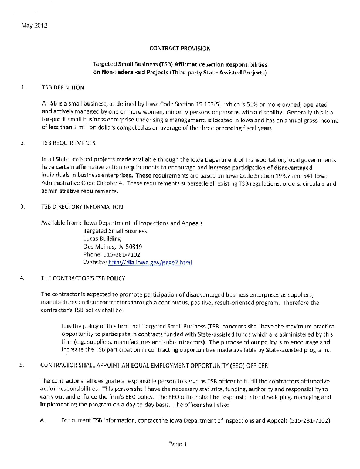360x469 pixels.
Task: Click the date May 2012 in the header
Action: pyautogui.click(x=33, y=26)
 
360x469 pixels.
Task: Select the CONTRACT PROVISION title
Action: pyautogui.click(x=180, y=48)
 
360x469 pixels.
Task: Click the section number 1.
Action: pyautogui.click(x=23, y=87)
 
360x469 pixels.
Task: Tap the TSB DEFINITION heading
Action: pyautogui.click(x=63, y=87)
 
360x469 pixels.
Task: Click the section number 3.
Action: pyautogui.click(x=23, y=206)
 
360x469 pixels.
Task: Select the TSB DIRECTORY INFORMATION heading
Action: pyautogui.click(x=82, y=206)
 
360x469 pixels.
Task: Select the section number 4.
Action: pyautogui.click(x=23, y=278)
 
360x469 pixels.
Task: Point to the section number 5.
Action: pyautogui.click(x=23, y=365)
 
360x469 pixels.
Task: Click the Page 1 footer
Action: pyautogui.click(x=176, y=444)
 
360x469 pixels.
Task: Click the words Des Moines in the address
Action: pyautogui.click(x=104, y=247)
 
